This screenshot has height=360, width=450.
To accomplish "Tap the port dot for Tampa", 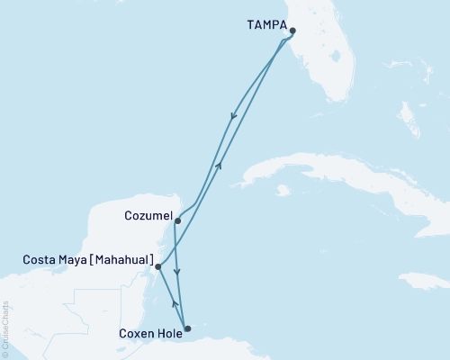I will click(x=292, y=31).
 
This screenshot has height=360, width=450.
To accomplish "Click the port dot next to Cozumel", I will click(x=177, y=220).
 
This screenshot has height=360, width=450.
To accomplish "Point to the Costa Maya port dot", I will click(x=157, y=266).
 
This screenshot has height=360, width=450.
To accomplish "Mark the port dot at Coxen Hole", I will click(x=187, y=328).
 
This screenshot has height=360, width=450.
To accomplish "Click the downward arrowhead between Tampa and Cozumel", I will click(x=235, y=114).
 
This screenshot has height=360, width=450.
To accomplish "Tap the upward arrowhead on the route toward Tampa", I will click(x=219, y=165).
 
